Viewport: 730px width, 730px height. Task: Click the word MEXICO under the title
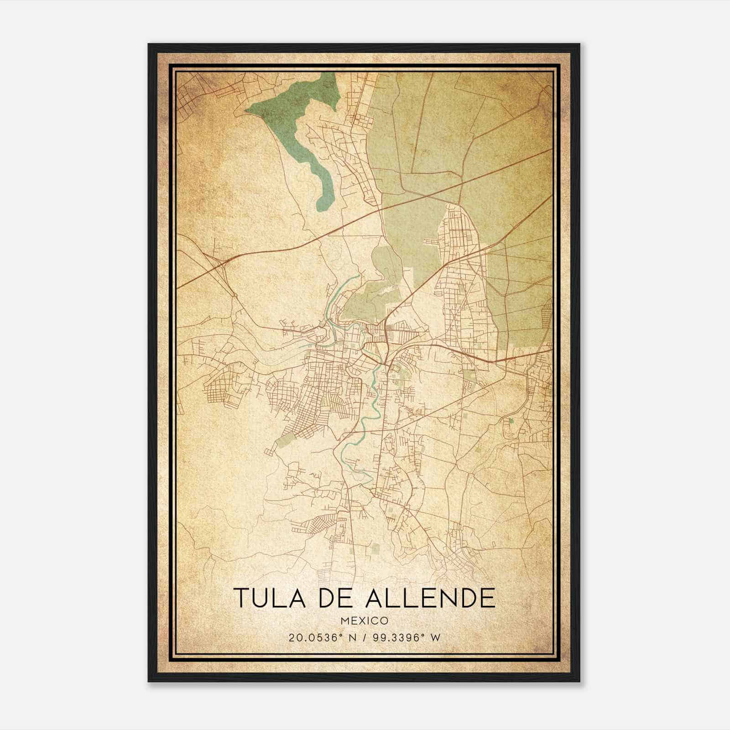[x=364, y=620]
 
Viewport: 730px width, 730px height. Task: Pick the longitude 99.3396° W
[x=405, y=638]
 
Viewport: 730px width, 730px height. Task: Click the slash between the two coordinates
[x=363, y=638]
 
